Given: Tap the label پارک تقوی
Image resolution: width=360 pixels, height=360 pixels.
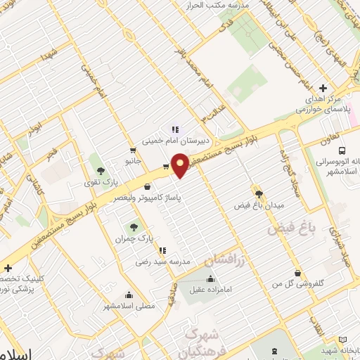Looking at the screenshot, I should [x=98, y=183].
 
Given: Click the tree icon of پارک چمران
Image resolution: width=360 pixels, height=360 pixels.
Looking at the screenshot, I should [x=134, y=226].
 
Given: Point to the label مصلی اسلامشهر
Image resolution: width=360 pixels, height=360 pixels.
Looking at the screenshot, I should [x=128, y=306].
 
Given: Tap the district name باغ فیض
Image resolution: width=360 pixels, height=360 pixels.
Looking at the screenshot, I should [x=290, y=229].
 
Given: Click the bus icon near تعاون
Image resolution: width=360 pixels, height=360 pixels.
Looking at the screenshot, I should [x=342, y=150].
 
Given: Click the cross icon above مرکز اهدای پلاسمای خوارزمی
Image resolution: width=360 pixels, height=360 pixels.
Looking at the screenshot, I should [x=323, y=88].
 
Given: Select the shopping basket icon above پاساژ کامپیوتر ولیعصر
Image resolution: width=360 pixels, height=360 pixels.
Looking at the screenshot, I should [x=146, y=187].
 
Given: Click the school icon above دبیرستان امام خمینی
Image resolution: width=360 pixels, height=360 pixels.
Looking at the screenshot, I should [x=175, y=129].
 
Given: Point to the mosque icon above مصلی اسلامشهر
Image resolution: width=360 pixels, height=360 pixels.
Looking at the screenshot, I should [x=128, y=295].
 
